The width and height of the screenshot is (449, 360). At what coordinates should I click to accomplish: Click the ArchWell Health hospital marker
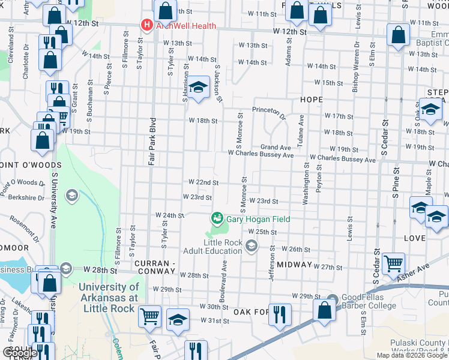pyautogui.click(x=145, y=25)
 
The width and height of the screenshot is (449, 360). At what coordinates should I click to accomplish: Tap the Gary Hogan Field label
pyautogui.click(x=258, y=219)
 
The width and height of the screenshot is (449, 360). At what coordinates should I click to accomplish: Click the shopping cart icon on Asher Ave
pyautogui.click(x=393, y=263)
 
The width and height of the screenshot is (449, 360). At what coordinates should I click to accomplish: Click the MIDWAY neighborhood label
pyautogui.click(x=294, y=265)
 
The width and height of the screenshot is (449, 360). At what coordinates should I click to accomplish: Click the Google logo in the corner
pyautogui.click(x=20, y=352)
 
